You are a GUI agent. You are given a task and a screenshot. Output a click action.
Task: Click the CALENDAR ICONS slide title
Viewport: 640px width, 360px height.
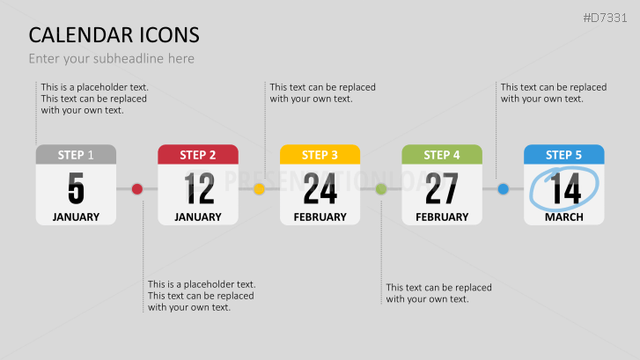pos(114,35)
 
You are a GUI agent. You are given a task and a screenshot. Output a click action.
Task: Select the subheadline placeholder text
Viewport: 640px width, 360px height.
pos(111,59)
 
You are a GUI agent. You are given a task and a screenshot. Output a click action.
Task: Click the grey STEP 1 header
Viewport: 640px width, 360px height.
pos(76,155)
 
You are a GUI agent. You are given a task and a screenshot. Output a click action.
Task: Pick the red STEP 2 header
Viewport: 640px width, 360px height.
pos(198,155)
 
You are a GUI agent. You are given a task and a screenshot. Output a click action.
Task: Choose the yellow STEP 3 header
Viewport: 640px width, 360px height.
pos(320,155)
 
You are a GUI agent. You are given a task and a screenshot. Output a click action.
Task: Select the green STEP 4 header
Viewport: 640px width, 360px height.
pos(442,155)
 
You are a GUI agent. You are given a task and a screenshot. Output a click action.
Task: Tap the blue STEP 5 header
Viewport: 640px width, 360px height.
pos(563,155)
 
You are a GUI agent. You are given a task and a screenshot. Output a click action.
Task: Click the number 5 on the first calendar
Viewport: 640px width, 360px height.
pos(76,188)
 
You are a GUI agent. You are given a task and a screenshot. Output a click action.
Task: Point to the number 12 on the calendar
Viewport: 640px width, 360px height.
pos(199,188)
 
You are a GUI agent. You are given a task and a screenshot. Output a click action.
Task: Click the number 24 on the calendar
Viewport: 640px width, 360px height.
pos(320,188)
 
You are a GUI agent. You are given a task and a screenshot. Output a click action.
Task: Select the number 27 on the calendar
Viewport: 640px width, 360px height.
pos(442,188)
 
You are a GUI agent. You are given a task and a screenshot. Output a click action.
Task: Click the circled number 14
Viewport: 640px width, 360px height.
pos(564,188)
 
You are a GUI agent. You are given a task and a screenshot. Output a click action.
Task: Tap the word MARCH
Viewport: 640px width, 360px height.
pos(563,217)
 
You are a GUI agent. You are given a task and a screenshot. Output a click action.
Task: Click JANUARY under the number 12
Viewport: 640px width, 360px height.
pos(198,217)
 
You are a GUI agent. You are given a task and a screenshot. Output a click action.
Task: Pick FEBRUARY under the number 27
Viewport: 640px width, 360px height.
pos(442,217)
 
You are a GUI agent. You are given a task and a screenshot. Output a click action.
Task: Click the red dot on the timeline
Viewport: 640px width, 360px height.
pos(136,188)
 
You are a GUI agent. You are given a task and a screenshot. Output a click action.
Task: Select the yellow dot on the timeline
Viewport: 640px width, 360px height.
pos(259,188)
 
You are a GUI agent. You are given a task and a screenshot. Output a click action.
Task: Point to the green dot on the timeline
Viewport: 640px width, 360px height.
pos(381,188)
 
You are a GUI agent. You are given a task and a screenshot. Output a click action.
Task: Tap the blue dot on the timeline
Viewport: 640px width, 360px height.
pos(503,188)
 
